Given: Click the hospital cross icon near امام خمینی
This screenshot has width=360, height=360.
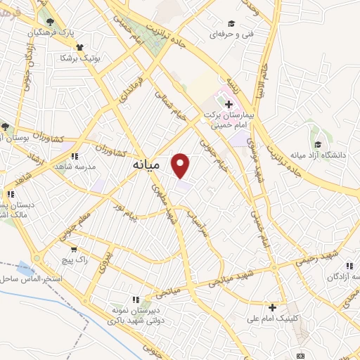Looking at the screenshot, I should (229, 104).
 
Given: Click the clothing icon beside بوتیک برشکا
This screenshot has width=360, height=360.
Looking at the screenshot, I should (79, 46).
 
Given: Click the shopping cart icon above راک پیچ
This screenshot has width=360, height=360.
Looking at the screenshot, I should (74, 248).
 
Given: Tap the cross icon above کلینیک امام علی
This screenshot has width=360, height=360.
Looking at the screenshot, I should (273, 307).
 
